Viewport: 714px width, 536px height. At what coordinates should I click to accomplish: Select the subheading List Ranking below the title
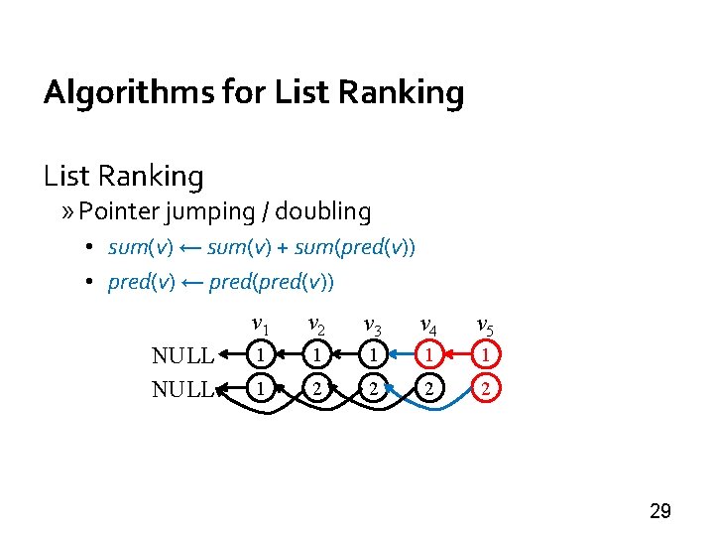(123, 177)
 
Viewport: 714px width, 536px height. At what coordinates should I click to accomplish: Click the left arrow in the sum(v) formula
(190, 247)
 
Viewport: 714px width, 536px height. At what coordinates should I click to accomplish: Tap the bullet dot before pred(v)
(88, 283)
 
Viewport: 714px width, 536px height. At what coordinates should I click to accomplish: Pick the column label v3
(372, 325)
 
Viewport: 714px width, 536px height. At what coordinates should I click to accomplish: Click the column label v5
(485, 325)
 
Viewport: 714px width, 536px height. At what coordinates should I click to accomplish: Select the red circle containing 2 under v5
(485, 390)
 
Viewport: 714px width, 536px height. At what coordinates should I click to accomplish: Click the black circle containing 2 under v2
(315, 390)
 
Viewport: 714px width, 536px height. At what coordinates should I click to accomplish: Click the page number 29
(659, 511)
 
